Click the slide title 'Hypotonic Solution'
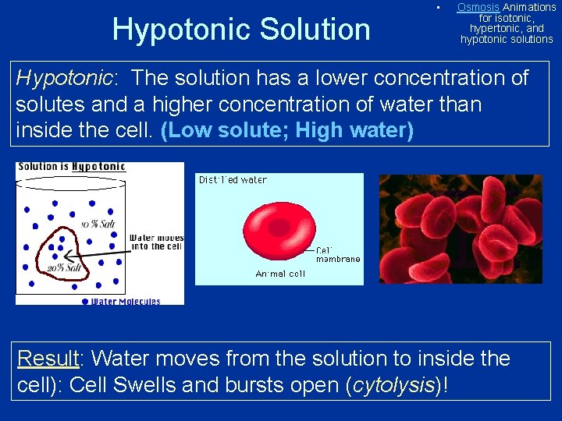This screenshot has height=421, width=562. [241, 30]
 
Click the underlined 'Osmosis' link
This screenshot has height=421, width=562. [478, 7]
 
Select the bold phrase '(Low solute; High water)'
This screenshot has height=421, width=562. [286, 130]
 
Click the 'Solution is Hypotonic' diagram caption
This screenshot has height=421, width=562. [71, 167]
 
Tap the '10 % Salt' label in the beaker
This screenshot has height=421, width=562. [97, 225]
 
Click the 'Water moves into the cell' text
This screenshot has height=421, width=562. [156, 242]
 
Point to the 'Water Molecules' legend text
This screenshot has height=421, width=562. [126, 301]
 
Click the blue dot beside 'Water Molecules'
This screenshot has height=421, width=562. [85, 300]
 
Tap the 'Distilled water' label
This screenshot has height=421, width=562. [233, 180]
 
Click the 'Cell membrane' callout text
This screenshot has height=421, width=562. [337, 255]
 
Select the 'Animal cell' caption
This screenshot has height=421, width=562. [280, 274]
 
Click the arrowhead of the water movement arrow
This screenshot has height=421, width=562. [67, 254]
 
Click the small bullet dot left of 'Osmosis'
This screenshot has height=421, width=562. [439, 8]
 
